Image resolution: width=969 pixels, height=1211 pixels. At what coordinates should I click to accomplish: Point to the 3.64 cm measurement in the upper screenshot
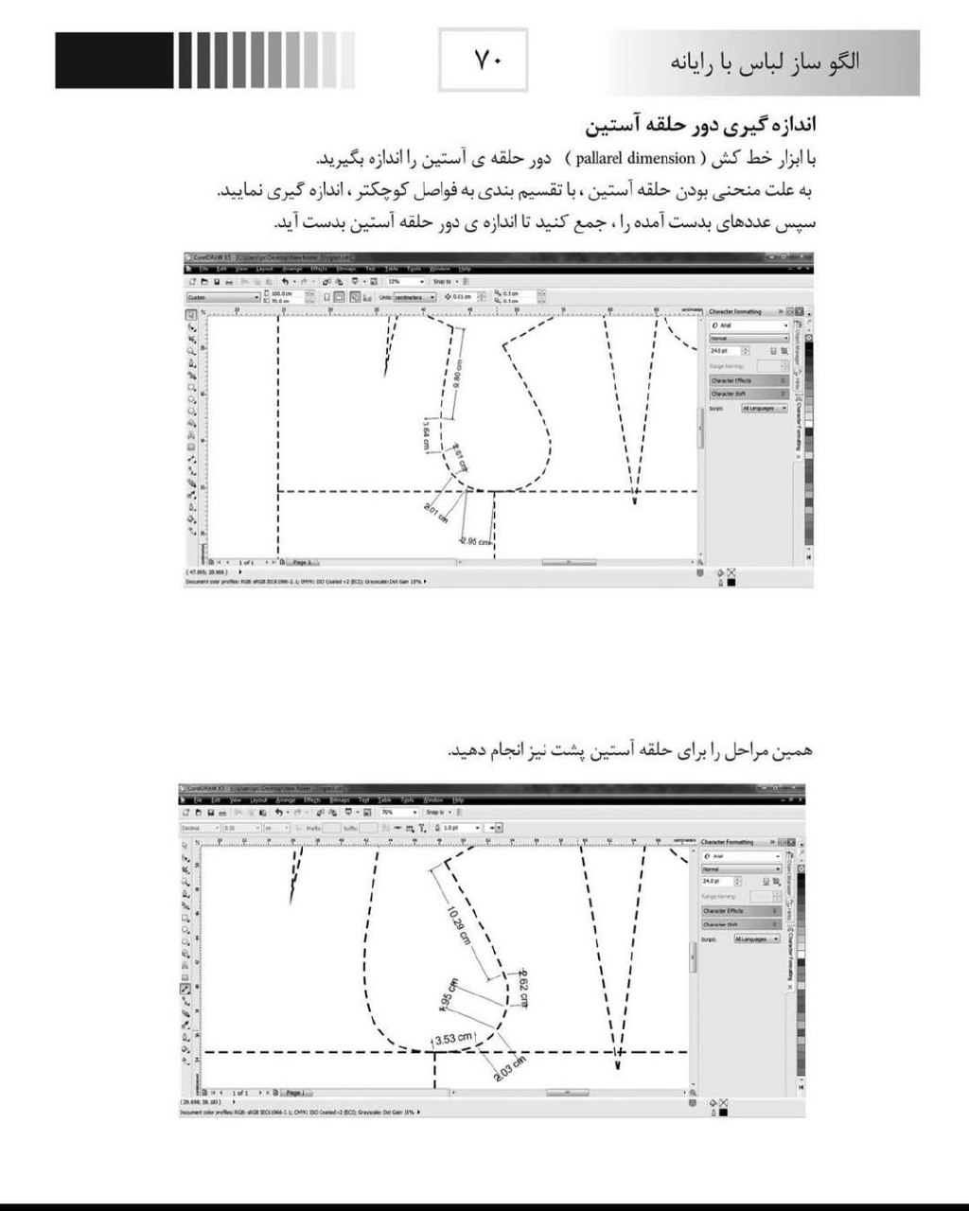pyautogui.click(x=427, y=434)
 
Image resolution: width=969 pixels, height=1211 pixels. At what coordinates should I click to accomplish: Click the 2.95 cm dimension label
pyautogui.click(x=475, y=541)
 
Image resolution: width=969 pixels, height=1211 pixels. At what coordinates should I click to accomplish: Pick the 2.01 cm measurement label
pyautogui.click(x=435, y=514)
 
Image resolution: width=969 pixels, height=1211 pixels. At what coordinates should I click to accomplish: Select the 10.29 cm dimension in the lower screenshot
pyautogui.click(x=460, y=924)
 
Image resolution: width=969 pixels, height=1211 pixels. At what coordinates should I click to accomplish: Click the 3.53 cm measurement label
pyautogui.click(x=452, y=1038)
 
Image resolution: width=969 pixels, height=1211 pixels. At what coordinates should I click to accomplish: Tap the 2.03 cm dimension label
pyautogui.click(x=509, y=1070)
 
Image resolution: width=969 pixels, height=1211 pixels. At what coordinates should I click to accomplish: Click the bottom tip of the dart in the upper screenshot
pyautogui.click(x=635, y=499)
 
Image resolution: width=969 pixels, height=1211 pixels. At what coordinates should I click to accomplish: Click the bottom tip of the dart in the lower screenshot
pyautogui.click(x=618, y=1067)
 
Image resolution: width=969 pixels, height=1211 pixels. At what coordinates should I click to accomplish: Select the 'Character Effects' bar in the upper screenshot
pyautogui.click(x=748, y=380)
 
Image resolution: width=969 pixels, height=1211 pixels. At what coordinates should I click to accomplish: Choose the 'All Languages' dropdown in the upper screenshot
pyautogui.click(x=763, y=408)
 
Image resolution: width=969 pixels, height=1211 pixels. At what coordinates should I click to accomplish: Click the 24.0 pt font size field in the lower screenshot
pyautogui.click(x=717, y=882)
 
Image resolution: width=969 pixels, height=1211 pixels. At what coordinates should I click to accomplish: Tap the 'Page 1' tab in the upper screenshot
pyautogui.click(x=303, y=562)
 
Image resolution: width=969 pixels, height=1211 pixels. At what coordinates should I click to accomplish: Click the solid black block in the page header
pyautogui.click(x=114, y=61)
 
